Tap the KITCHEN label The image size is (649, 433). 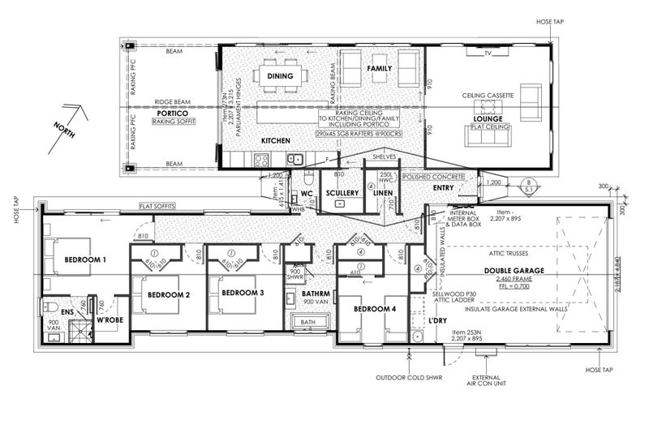coord(276,141)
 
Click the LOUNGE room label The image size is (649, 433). coord(488,118)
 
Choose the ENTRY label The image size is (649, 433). coord(444,188)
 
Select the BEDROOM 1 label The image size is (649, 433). coord(80,259)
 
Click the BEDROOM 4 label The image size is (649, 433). coord(374,310)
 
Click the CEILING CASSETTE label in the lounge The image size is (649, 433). coord(488,96)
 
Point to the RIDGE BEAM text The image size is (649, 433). coord(172,102)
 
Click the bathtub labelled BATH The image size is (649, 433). coord(307,322)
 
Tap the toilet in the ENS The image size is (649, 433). coord(49,307)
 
